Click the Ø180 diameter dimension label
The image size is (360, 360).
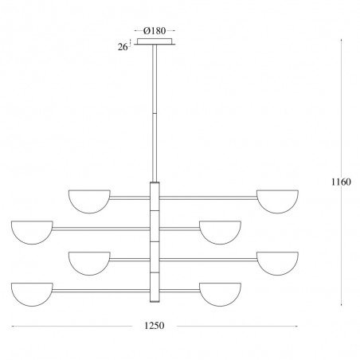pyautogui.click(x=155, y=31)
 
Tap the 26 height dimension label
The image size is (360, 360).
pyautogui.click(x=123, y=47)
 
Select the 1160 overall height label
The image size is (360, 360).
pyautogui.click(x=341, y=182)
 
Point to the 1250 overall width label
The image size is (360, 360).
pyautogui.click(x=155, y=326)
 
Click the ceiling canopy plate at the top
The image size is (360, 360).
pyautogui.click(x=155, y=41)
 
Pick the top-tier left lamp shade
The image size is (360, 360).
pyautogui.click(x=89, y=202)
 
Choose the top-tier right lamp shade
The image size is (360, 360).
pyautogui.click(x=277, y=202)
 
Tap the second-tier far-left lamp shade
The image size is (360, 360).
pyautogui.click(x=32, y=232)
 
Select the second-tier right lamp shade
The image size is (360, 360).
pyautogui.click(x=220, y=232)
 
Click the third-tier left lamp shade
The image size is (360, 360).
pyautogui.click(x=89, y=263)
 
